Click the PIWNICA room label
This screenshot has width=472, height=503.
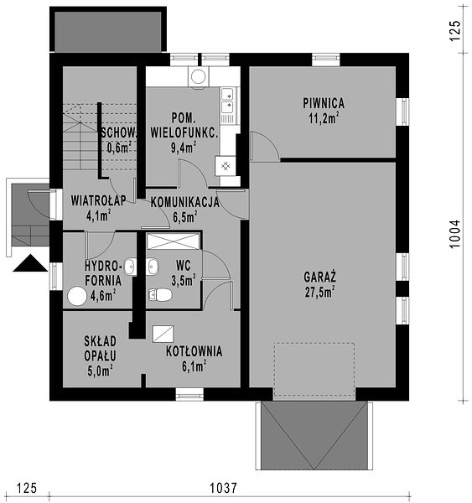tap(324, 103)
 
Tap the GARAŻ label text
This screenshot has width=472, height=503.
tap(320, 277)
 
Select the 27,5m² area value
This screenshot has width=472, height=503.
tap(320, 293)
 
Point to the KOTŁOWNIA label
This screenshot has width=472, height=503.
tap(195, 351)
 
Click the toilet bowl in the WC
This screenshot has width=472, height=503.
tap(160, 294)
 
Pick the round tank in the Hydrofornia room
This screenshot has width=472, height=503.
tap(77, 296)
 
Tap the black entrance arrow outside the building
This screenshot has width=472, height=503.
tap(30, 263)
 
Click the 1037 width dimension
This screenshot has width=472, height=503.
tap(223, 488)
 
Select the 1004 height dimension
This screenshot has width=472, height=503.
tap(454, 234)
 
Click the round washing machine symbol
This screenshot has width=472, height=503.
tap(199, 76)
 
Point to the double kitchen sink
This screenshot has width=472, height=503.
tap(228, 101)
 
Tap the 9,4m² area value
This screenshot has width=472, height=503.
tap(184, 148)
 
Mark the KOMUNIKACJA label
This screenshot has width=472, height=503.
tap(185, 202)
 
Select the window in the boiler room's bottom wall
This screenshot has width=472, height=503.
tap(189, 394)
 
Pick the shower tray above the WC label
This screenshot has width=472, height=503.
tap(174, 241)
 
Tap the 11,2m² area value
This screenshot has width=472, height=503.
tap(324, 118)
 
